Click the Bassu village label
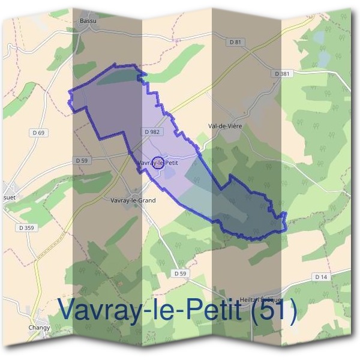(88, 20)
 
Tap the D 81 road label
(235, 42)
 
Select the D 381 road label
(282, 73)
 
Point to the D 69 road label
(40, 132)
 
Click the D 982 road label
(152, 131)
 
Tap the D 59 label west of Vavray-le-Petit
(82, 161)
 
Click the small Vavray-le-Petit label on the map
(158, 163)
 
